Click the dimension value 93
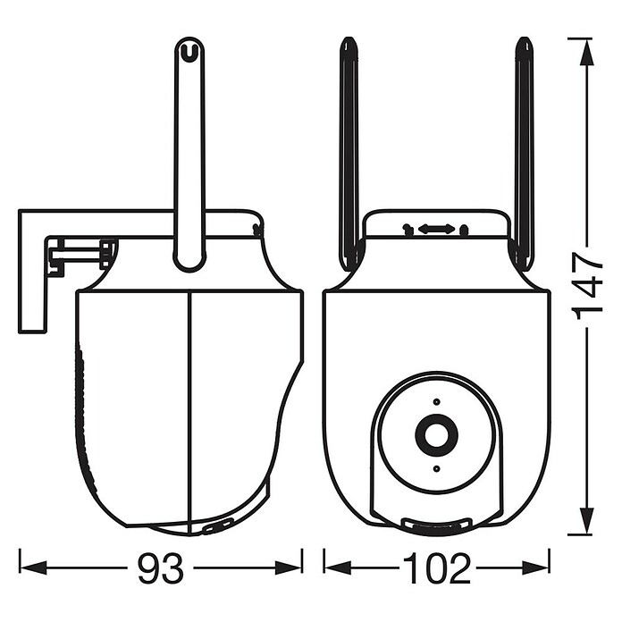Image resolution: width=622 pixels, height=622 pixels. tap(161, 567)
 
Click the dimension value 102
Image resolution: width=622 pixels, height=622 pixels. tap(437, 567)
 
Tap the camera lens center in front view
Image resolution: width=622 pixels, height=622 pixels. tap(436, 434)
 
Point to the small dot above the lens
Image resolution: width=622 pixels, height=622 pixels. tap(436, 401)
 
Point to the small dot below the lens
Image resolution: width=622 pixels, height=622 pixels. tap(436, 469)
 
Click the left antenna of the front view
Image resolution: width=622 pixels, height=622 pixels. tap(350, 155)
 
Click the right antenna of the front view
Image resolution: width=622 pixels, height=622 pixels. tap(525, 155)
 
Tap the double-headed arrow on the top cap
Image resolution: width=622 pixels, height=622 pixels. tap(436, 229)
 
